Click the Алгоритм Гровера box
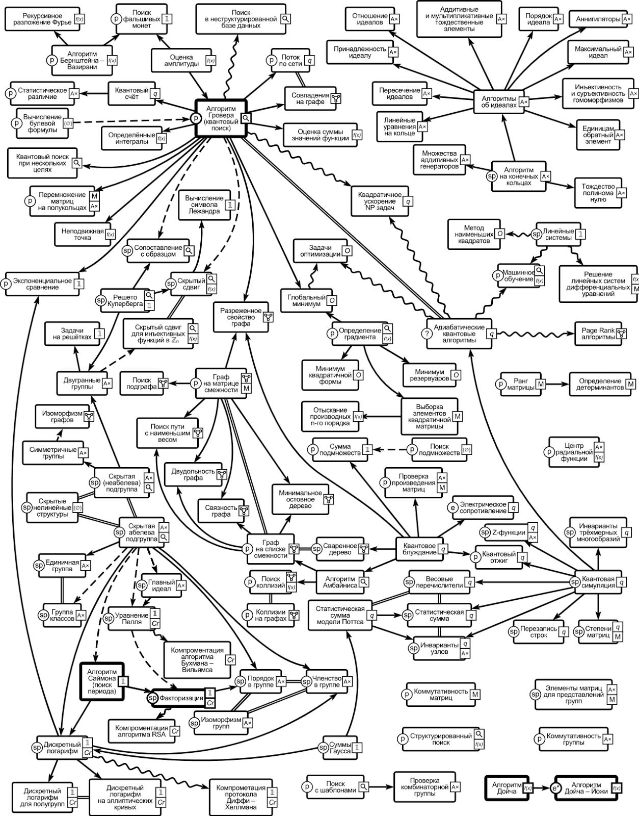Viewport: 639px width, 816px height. click(221, 118)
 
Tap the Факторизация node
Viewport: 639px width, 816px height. click(181, 698)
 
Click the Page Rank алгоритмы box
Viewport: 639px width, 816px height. click(598, 334)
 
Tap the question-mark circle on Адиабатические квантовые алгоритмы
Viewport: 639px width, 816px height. click(427, 334)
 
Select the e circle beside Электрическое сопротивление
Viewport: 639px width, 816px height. click(452, 507)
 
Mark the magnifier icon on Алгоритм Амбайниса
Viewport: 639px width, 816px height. click(364, 582)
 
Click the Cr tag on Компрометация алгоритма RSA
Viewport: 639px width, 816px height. click(175, 731)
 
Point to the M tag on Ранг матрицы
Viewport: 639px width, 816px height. click(541, 384)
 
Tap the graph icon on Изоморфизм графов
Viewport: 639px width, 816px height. click(89, 416)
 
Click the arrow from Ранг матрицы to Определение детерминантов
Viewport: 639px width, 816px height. click(557, 384)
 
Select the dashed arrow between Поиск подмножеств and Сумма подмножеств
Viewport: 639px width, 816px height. click(390, 449)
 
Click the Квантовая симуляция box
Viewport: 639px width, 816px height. click(598, 582)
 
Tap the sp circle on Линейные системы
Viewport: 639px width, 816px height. click(537, 234)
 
